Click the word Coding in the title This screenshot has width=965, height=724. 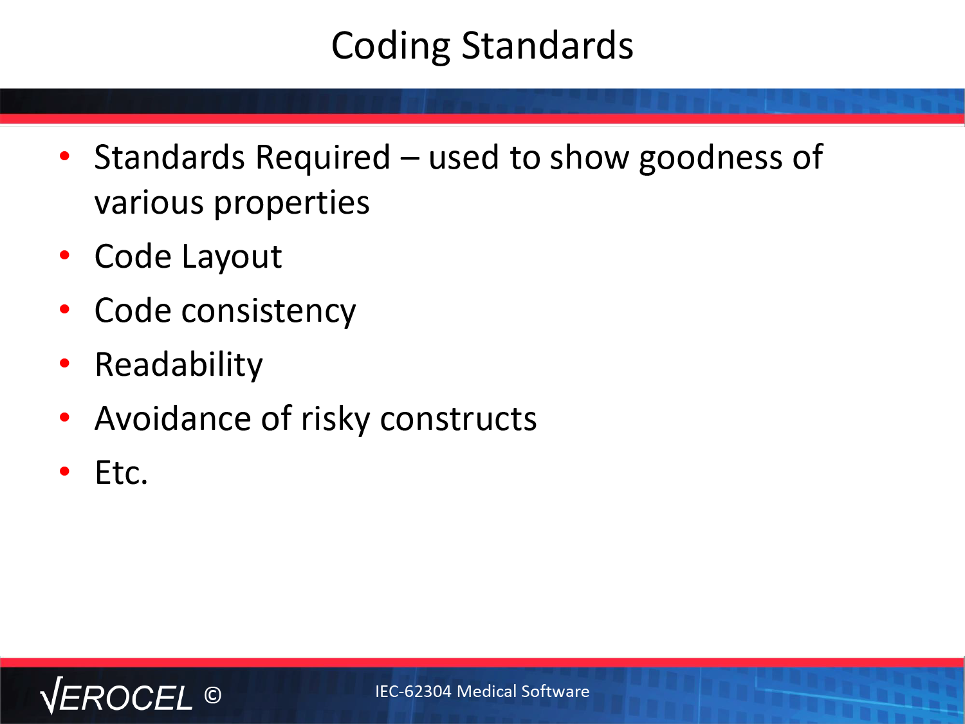click(391, 46)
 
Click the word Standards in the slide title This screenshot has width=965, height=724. click(547, 45)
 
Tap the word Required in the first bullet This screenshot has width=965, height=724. click(323, 158)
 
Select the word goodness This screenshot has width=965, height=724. click(710, 158)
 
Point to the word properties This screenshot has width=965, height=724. click(291, 203)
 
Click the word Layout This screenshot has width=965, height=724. click(232, 257)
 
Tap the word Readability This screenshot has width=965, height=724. click(178, 366)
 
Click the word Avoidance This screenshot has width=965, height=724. click(173, 418)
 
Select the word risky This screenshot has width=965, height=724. click(335, 419)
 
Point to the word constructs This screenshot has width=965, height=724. click(458, 419)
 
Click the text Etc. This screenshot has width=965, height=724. click(121, 472)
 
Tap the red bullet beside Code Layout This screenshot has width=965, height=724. click(64, 255)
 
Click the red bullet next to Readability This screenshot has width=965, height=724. click(64, 364)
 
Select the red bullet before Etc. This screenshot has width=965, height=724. click(64, 471)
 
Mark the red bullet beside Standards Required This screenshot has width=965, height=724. click(64, 156)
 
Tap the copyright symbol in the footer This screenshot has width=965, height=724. click(213, 696)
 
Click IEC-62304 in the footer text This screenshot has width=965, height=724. click(413, 691)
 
